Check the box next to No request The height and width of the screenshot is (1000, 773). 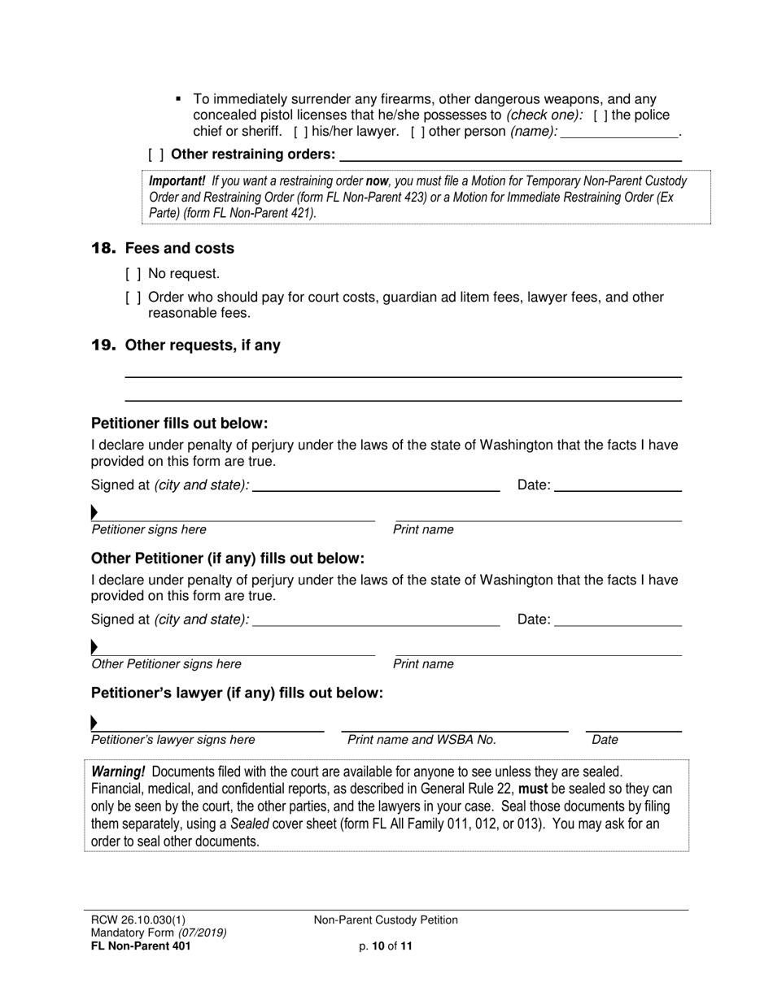[133, 274]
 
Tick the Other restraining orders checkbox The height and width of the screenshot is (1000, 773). [155, 154]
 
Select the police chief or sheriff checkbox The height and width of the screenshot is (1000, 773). [600, 116]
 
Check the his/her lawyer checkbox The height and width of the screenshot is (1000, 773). [300, 132]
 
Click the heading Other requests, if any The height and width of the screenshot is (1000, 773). [203, 346]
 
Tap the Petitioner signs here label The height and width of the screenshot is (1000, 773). [149, 530]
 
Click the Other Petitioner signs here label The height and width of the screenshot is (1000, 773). [166, 664]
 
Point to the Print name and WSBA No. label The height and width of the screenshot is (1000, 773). [421, 740]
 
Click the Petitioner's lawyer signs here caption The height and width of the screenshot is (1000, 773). [173, 740]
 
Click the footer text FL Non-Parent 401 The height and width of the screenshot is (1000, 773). [142, 946]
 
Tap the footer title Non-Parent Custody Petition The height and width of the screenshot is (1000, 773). [386, 920]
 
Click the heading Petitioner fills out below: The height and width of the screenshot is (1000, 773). [179, 424]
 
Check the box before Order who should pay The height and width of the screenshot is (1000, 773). [133, 298]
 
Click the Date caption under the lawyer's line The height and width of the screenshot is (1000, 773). [605, 740]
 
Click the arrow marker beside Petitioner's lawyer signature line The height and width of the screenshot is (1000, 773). [94, 723]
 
